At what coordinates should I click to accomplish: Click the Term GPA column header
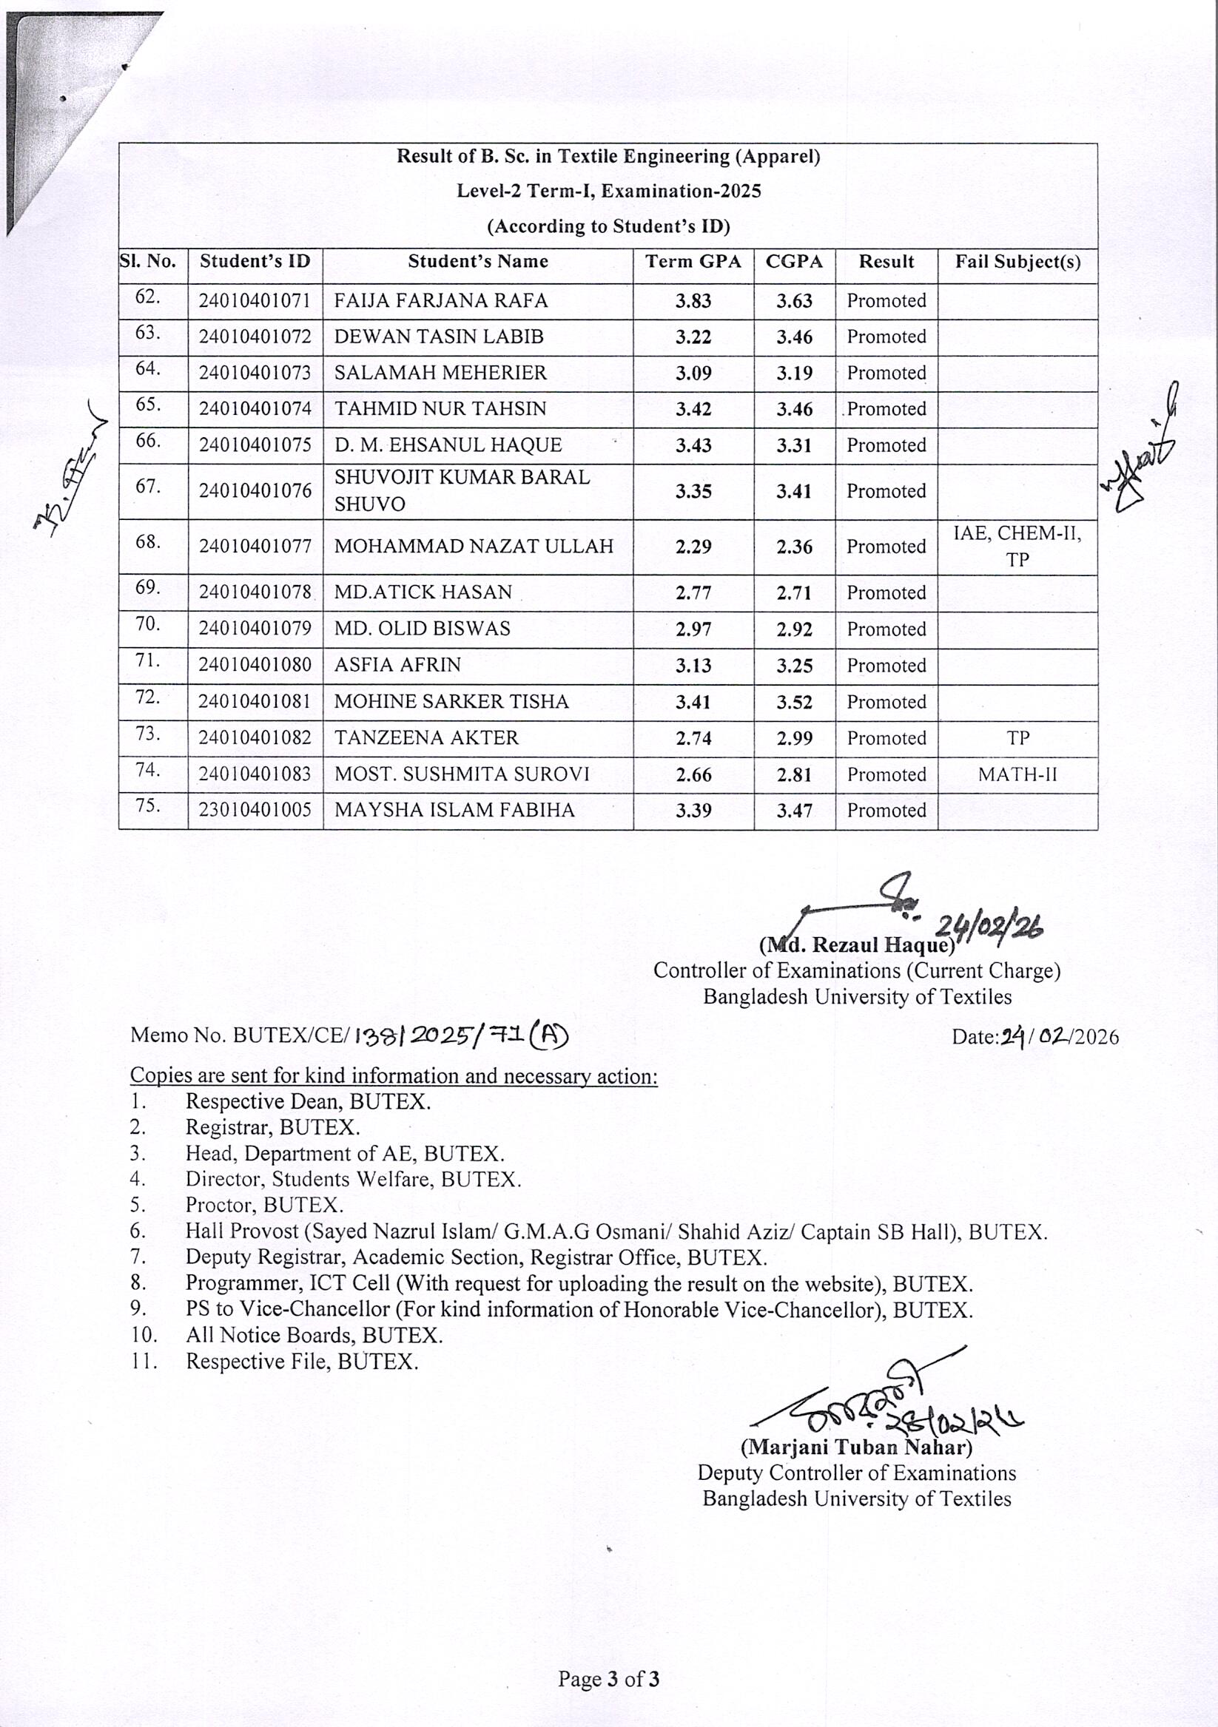coord(693,262)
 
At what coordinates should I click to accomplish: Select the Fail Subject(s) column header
coord(1017,262)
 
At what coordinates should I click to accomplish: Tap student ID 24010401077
coord(255,547)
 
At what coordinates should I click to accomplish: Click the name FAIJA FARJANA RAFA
coord(441,301)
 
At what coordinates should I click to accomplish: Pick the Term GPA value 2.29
coord(693,547)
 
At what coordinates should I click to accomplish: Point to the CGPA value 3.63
coord(795,301)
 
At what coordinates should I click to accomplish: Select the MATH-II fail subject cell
coord(1017,774)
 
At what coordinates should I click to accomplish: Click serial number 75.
coord(148,805)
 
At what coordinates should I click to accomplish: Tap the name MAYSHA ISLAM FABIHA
coord(454,810)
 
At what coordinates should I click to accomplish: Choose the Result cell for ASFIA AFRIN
coord(886,666)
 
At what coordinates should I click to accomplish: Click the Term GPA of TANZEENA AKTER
coord(693,738)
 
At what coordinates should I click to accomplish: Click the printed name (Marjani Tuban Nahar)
coord(857,1447)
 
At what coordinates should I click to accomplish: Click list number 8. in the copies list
coord(138,1282)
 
